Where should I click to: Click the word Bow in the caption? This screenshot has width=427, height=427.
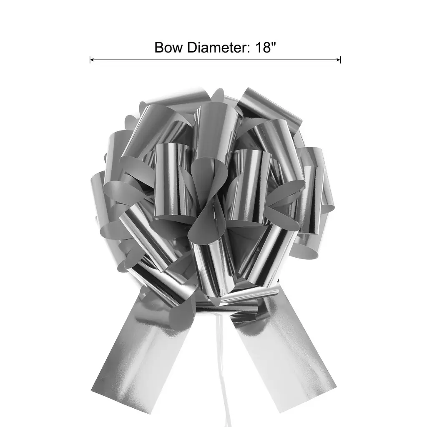coord(169,48)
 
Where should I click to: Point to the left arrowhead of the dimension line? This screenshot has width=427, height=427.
coord(91,60)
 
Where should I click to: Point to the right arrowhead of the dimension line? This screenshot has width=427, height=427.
coord(339,60)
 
